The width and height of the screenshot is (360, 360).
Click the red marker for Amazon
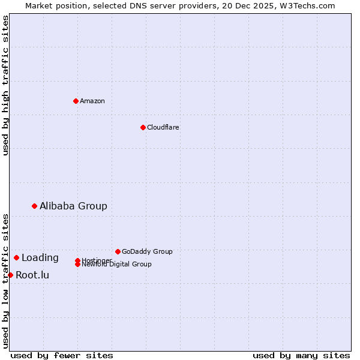tap(76, 101)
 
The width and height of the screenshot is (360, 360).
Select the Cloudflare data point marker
tap(143, 127)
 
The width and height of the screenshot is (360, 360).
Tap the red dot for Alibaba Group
tap(34, 206)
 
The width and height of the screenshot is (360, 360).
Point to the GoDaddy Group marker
tap(118, 251)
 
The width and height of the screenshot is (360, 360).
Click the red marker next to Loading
tap(16, 257)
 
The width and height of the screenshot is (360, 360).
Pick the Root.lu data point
tap(10, 275)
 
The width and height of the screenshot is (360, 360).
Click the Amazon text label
tap(92, 101)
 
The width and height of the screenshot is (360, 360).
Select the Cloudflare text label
tap(163, 127)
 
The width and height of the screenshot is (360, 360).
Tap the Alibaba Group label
tap(73, 206)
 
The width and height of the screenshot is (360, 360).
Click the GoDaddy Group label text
tap(147, 251)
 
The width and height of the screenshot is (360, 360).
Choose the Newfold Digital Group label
tap(116, 265)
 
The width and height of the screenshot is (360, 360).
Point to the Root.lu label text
tap(32, 275)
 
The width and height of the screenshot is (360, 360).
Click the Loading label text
tap(40, 258)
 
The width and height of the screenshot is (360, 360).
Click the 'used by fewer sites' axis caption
tap(62, 355)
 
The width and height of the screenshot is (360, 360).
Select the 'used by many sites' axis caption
tap(301, 355)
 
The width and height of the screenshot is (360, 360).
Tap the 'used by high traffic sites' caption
tap(5, 85)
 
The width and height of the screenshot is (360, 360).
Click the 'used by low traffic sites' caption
tap(5, 280)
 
